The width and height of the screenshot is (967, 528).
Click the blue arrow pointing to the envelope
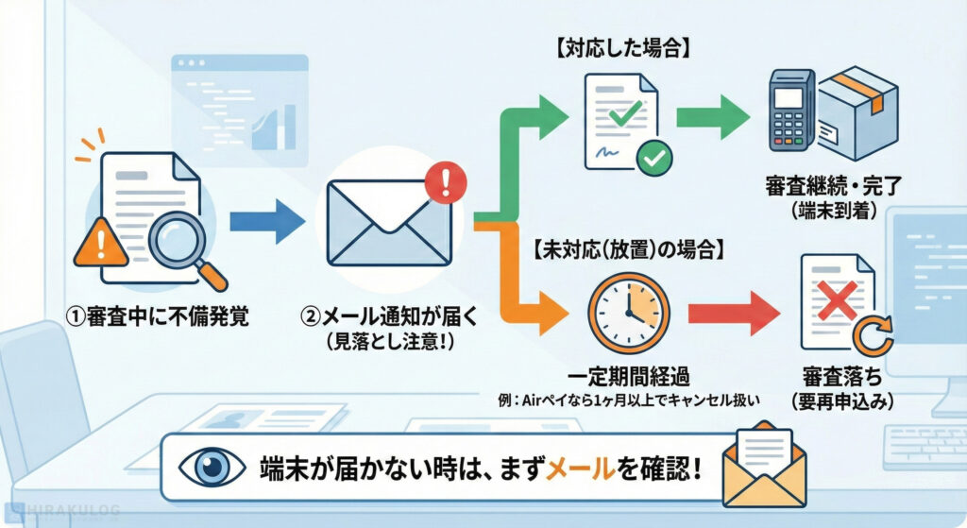267,224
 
